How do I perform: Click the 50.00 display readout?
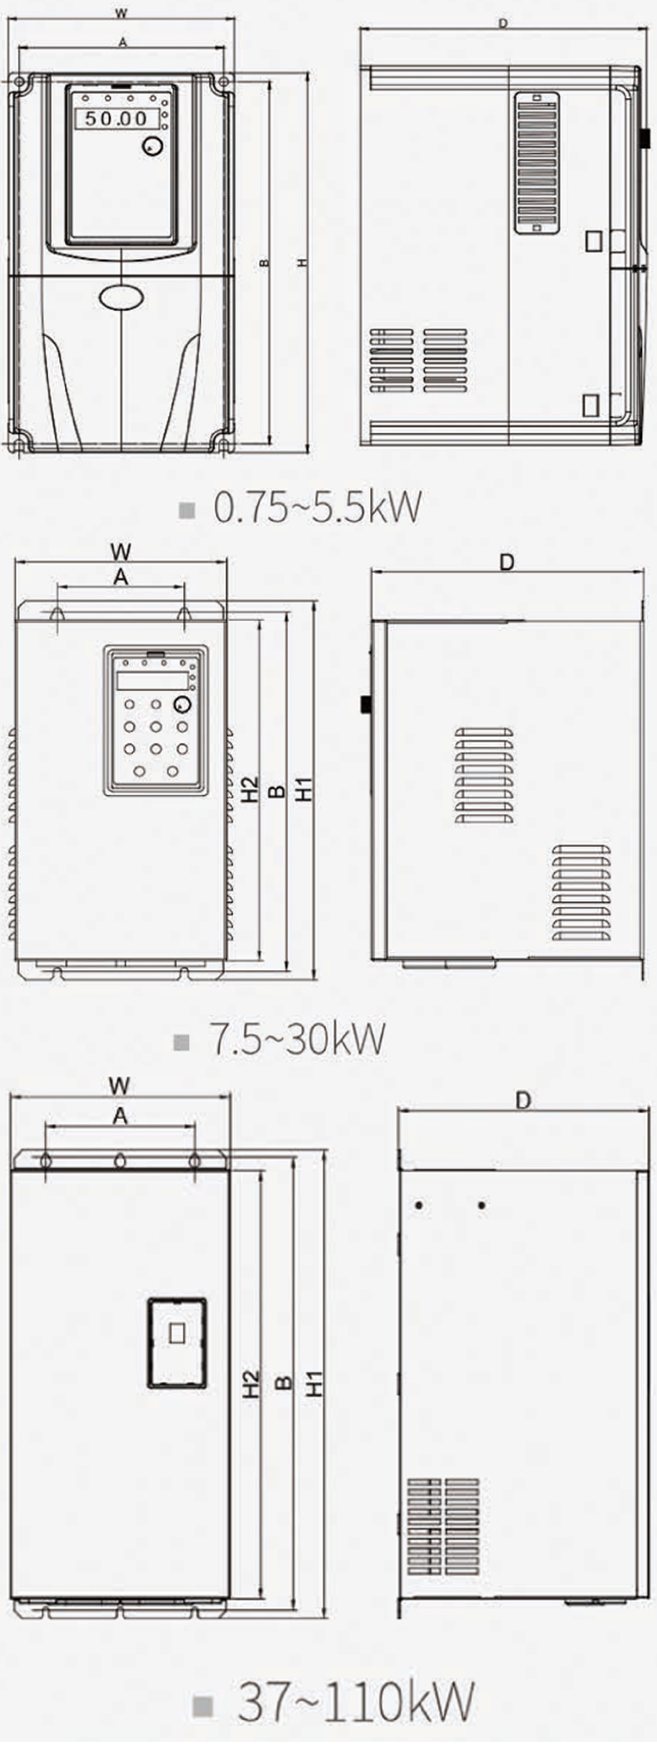116,118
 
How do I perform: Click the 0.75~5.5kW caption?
317,506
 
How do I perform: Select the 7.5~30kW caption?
297,1039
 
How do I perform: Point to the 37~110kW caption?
356,1701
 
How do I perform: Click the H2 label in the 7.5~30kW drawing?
250,790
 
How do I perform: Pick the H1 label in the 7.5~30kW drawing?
305,790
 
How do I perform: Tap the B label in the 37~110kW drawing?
284,1382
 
